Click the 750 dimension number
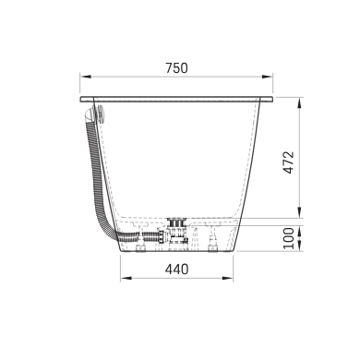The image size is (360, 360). point(176,68)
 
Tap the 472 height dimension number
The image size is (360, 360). point(289,162)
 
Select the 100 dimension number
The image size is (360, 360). point(289,238)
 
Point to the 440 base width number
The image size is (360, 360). point(176,270)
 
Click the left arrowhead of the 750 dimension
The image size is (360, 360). point(86,77)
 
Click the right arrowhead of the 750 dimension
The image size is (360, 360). point(267,77)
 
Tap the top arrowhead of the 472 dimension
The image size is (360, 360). point(300,102)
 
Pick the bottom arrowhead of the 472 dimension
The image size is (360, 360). point(300,212)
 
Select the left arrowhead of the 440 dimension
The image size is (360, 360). point(126,278)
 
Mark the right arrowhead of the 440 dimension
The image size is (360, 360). point(227,278)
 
